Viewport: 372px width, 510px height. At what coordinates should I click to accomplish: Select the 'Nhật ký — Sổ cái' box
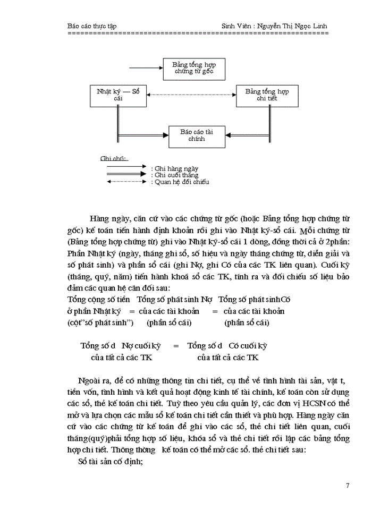(118, 95)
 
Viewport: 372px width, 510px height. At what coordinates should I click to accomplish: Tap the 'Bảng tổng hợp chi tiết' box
(267, 95)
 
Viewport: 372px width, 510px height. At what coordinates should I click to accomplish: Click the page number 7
(347, 485)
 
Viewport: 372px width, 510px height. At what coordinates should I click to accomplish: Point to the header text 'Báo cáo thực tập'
(92, 25)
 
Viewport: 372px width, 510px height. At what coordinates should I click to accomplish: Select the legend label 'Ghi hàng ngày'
(176, 168)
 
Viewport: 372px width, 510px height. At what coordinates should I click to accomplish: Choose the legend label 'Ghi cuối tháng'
(176, 175)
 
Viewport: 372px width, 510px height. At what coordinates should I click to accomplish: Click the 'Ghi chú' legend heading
(114, 158)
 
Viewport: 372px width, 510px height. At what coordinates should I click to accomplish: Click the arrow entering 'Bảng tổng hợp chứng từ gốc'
(146, 68)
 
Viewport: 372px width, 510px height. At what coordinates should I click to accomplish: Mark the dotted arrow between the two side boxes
(191, 95)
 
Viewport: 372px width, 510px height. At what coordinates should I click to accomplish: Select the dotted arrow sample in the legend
(126, 182)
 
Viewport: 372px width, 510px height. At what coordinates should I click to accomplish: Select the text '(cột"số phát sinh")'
(100, 322)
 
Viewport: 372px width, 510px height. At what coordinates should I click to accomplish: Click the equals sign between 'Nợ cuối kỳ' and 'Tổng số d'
(176, 346)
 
